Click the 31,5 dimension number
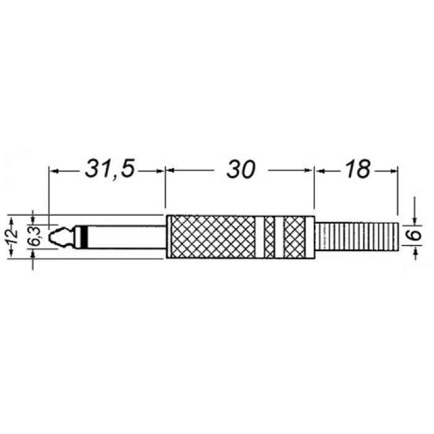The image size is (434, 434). click(x=110, y=169)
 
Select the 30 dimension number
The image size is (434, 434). click(x=241, y=169)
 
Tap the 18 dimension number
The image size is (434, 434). click(x=358, y=169)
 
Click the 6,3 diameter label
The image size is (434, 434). click(x=35, y=237)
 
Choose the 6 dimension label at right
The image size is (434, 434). click(x=415, y=235)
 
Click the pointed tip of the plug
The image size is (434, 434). click(x=49, y=237)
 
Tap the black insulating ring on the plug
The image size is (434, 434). click(x=84, y=237)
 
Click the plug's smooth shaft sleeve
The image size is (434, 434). click(x=126, y=237)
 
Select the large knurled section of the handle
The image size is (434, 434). click(x=213, y=237)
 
